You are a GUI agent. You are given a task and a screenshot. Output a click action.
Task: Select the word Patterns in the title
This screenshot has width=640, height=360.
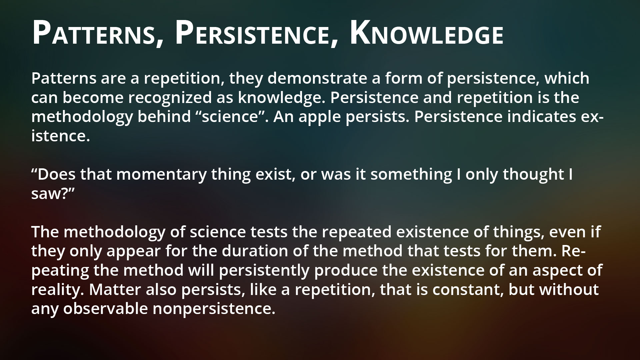point(95,33)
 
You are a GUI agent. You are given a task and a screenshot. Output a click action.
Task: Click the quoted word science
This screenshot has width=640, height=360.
point(234,117)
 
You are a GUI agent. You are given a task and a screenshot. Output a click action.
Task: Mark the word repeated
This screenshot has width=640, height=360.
point(357,232)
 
